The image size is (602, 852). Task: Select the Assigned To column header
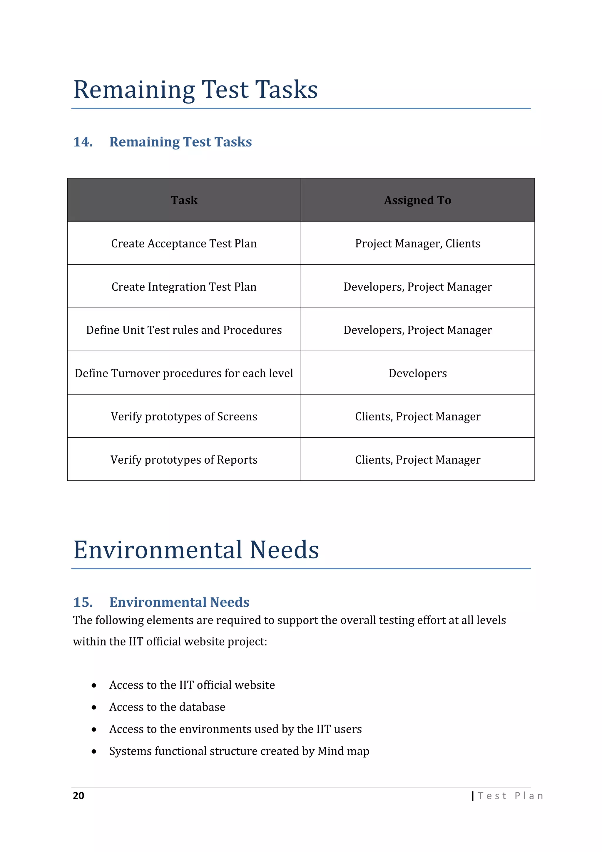[x=417, y=200]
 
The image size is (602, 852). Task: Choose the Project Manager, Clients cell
[x=417, y=243]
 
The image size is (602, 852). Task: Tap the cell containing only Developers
[x=417, y=373]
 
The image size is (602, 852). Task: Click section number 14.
[x=83, y=142]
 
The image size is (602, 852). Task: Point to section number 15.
[x=83, y=602]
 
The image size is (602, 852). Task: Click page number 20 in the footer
[x=78, y=796]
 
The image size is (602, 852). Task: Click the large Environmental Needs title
[x=196, y=550]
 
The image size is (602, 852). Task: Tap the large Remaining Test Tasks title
[x=196, y=89]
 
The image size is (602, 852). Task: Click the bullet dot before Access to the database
[x=94, y=708]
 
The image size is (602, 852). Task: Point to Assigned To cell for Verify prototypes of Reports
[x=417, y=460]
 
